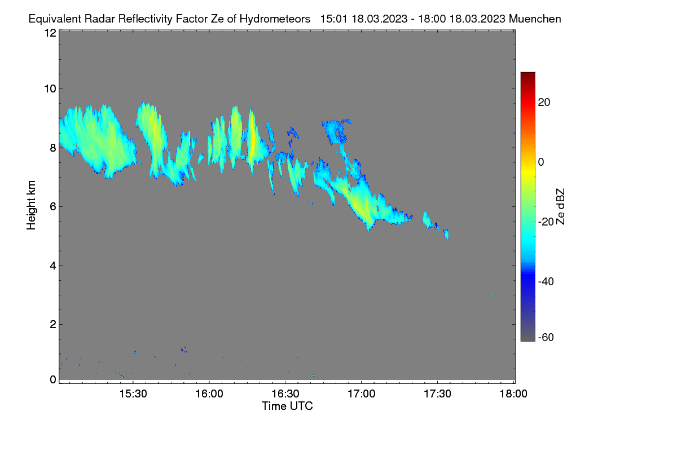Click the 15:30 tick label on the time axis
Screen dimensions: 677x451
(133, 394)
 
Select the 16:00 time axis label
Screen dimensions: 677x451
(209, 394)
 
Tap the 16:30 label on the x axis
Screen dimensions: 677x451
(285, 394)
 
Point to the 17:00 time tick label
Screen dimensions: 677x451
(362, 394)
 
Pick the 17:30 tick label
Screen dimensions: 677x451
(437, 394)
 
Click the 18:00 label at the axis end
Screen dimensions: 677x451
(513, 394)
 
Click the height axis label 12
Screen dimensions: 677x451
(50, 33)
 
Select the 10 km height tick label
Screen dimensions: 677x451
(50, 89)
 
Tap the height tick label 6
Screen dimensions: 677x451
(53, 207)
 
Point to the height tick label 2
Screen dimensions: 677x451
(53, 324)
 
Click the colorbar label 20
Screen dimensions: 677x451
(544, 103)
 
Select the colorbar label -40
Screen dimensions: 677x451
(546, 281)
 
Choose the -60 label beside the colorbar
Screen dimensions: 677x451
(546, 337)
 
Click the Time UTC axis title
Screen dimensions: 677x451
(287, 406)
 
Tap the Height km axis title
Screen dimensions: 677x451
(31, 205)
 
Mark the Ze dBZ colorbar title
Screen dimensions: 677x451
(560, 207)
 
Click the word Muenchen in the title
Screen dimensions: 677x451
(535, 19)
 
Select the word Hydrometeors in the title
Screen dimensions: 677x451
(275, 19)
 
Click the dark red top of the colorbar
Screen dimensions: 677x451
(527, 75)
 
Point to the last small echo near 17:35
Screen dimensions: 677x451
(446, 234)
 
